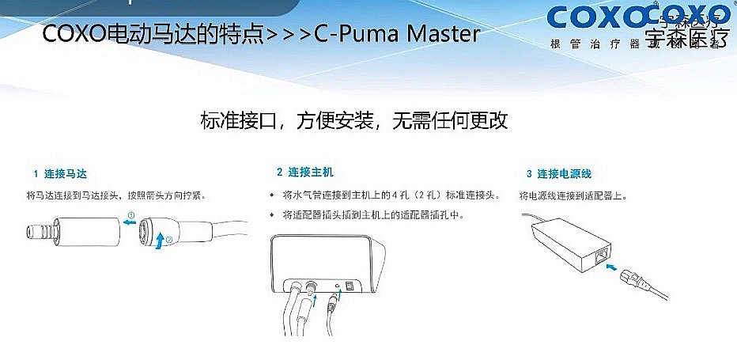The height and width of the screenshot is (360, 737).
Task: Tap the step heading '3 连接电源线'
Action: point(558,173)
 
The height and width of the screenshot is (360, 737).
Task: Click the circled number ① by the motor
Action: point(131,214)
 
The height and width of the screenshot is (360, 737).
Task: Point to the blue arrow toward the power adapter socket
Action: point(610,269)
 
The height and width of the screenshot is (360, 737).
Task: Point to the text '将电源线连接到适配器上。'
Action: point(573,195)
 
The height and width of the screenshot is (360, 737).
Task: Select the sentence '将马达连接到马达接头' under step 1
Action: point(75,195)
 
